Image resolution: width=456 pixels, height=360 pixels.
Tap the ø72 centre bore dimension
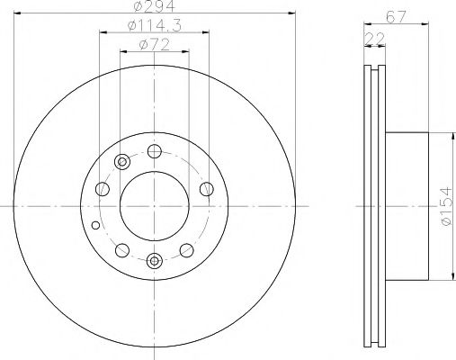click(x=154, y=44)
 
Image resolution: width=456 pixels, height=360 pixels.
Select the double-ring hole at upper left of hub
click(x=121, y=162)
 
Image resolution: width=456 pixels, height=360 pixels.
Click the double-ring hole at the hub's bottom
click(x=154, y=262)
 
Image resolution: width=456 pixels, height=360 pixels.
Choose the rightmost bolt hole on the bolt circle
click(x=207, y=188)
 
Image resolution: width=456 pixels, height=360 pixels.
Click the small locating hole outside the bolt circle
click(x=96, y=225)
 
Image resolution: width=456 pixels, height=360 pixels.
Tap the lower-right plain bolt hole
click(x=186, y=250)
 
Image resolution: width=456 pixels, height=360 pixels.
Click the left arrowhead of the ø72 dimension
click(x=122, y=52)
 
